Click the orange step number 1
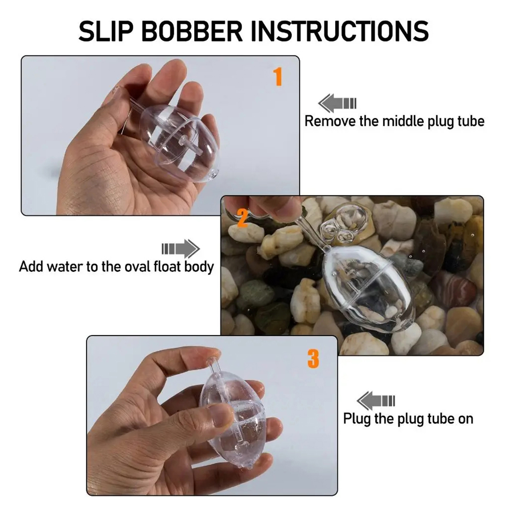[278, 76]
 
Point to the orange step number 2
[242, 218]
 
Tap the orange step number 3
[313, 359]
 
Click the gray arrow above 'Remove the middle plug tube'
[337, 103]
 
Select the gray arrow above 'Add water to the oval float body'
[181, 249]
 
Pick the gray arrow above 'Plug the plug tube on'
[376, 401]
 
